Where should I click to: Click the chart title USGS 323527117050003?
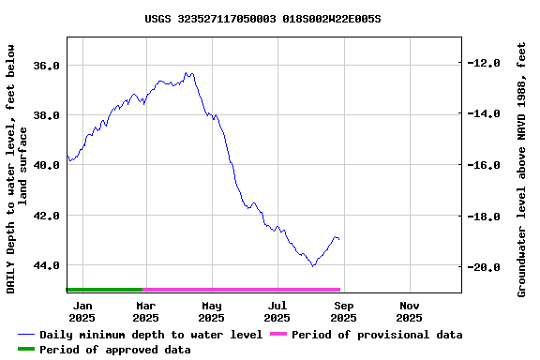(262, 18)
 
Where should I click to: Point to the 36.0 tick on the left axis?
(48, 66)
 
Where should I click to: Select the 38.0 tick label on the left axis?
(48, 115)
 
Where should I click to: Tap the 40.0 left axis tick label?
(48, 165)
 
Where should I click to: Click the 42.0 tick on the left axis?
(48, 216)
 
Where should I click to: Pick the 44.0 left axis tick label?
(48, 265)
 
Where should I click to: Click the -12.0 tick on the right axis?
(485, 63)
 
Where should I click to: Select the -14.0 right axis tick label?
(485, 114)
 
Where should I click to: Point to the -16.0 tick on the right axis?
(485, 165)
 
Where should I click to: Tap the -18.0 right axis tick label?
(485, 217)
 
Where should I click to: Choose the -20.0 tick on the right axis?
(485, 267)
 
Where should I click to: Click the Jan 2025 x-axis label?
(82, 311)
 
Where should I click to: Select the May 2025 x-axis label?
(212, 311)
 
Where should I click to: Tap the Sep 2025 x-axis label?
(344, 311)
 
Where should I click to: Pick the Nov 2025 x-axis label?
(410, 311)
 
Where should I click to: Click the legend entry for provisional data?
(376, 335)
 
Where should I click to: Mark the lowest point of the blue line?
(313, 266)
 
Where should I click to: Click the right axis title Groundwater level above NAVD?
(522, 169)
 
